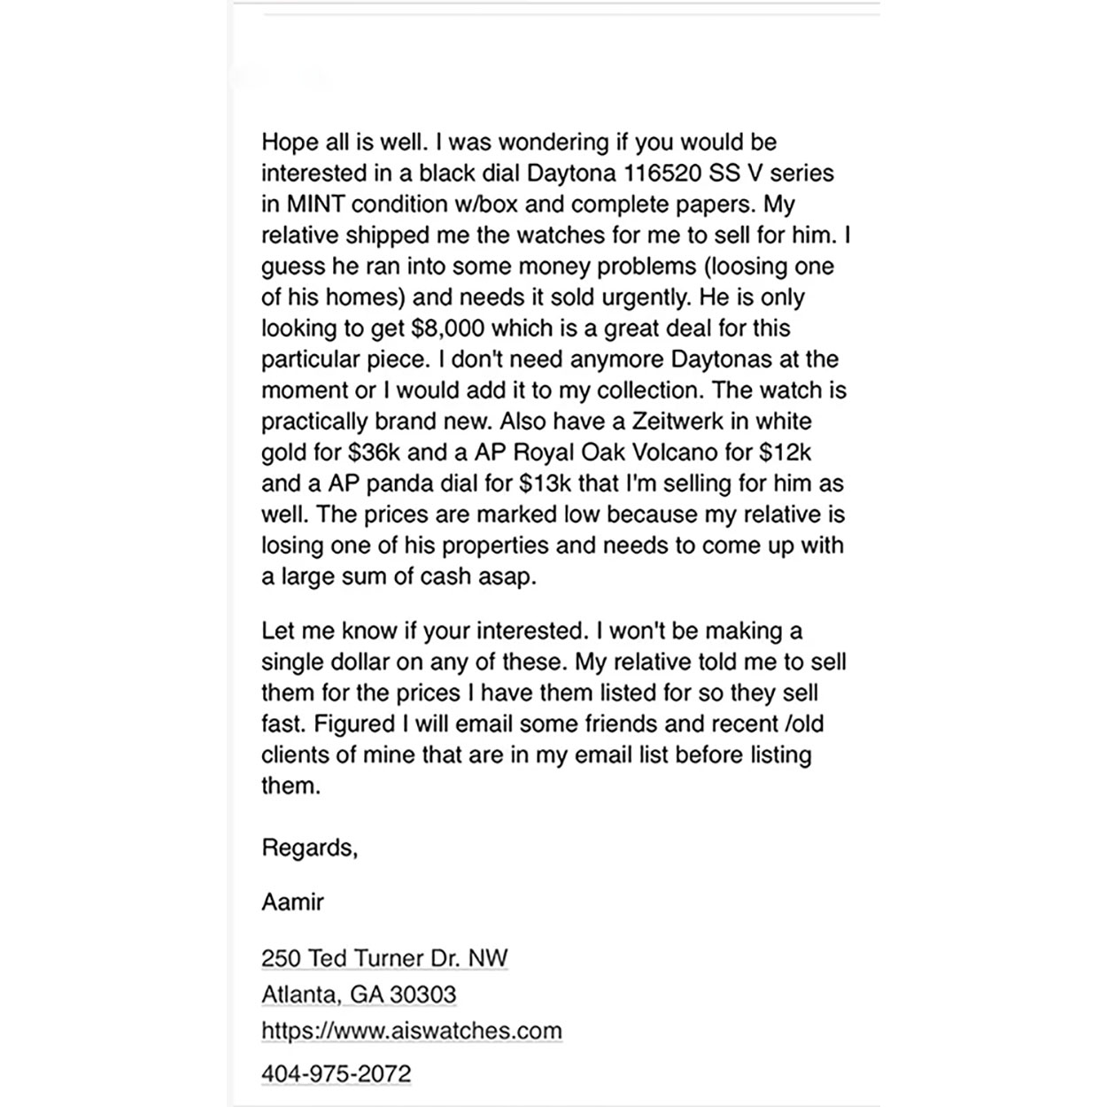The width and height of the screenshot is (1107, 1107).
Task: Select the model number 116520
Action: (x=661, y=173)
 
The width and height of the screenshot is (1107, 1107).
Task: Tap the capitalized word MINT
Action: (x=315, y=205)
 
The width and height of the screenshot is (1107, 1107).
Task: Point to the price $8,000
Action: (x=447, y=329)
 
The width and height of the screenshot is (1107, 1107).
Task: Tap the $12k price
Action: (x=786, y=453)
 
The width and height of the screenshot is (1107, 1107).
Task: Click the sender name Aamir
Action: (x=292, y=902)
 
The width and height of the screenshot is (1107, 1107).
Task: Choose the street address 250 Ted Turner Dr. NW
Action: (x=384, y=958)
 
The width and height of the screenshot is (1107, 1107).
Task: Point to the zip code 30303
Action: (x=422, y=995)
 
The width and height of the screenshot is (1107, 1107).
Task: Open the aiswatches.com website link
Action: (x=411, y=1031)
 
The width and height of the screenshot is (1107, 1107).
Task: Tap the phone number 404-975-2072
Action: (x=336, y=1074)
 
